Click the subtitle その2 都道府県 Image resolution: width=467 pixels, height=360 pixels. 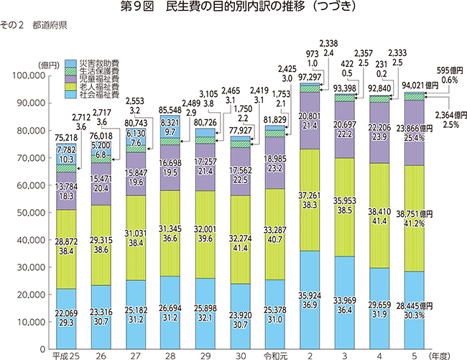point(34,25)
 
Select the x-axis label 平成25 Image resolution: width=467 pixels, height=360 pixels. point(66,355)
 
